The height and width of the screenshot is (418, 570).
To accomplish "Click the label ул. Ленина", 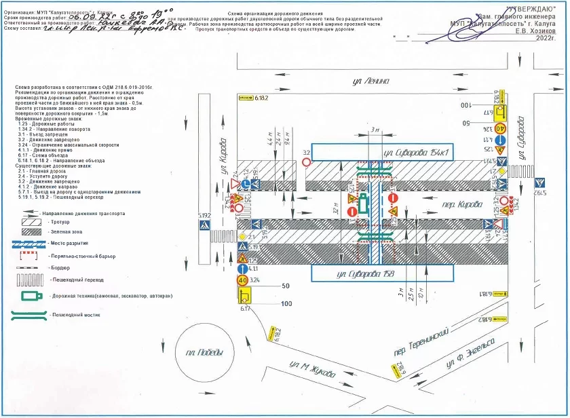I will [x=371, y=81].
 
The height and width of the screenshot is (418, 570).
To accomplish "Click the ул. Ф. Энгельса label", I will [x=470, y=356].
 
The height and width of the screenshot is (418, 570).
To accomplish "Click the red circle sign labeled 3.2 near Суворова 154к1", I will [x=306, y=163].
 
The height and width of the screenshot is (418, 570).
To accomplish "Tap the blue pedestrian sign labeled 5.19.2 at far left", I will [x=204, y=223].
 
